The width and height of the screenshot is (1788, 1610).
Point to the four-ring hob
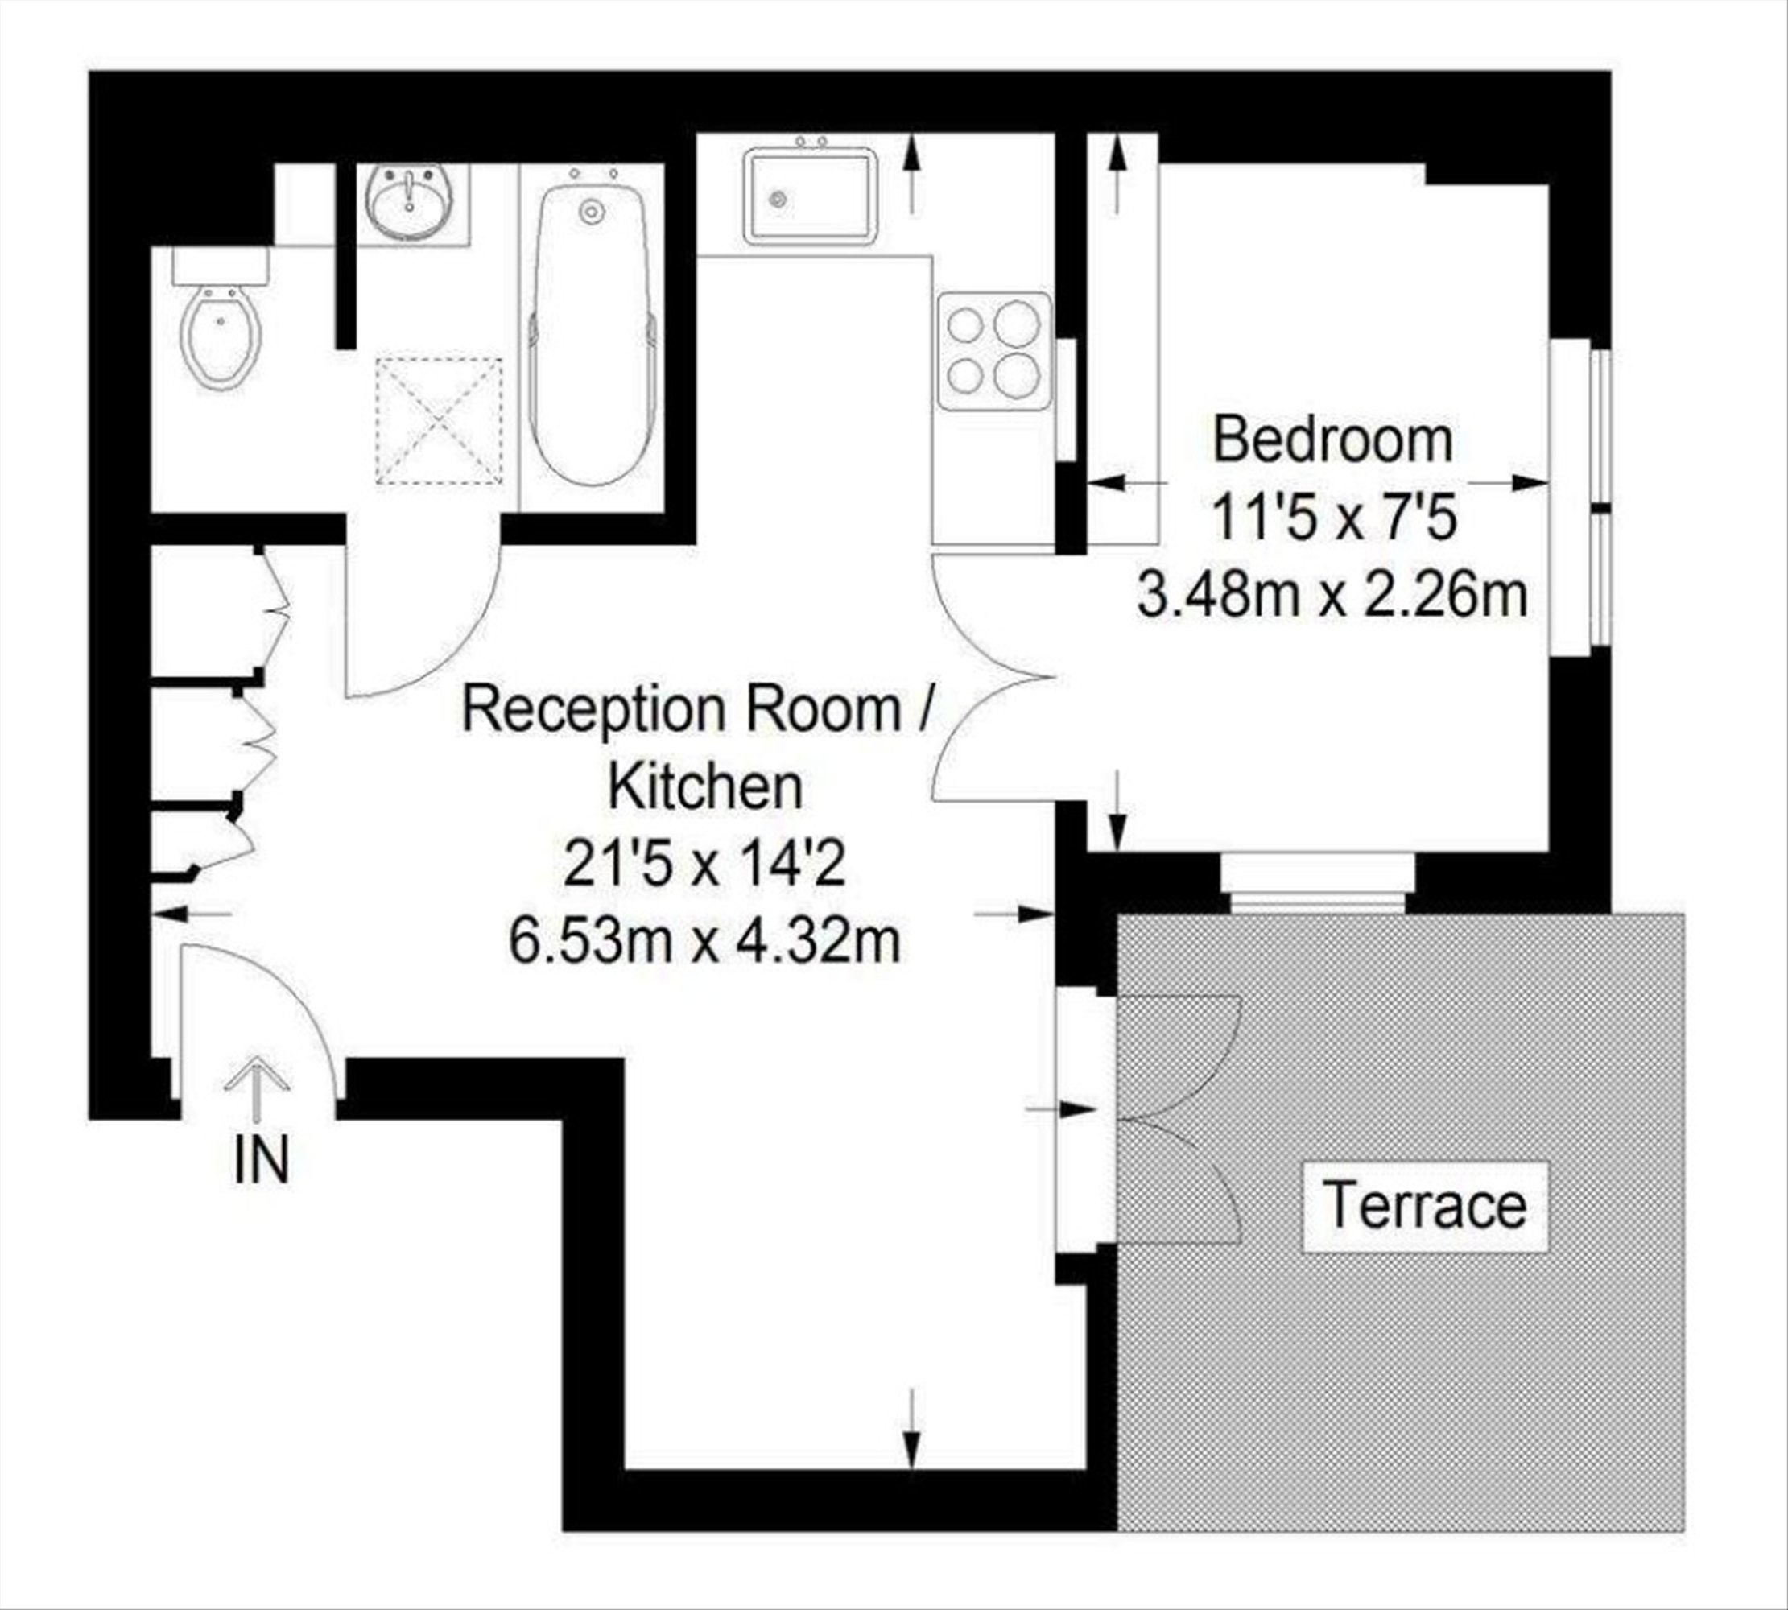[x=995, y=351]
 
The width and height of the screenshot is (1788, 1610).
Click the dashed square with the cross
[x=440, y=421]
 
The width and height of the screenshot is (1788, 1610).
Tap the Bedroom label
[x=1332, y=440]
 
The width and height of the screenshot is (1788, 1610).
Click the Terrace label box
[x=1425, y=1206]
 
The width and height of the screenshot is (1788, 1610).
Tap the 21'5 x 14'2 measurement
[x=704, y=864]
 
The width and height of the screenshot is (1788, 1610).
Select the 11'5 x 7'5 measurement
[x=1332, y=518]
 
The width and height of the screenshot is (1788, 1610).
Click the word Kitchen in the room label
[x=705, y=786]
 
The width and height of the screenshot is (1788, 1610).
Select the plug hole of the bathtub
[x=590, y=213]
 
